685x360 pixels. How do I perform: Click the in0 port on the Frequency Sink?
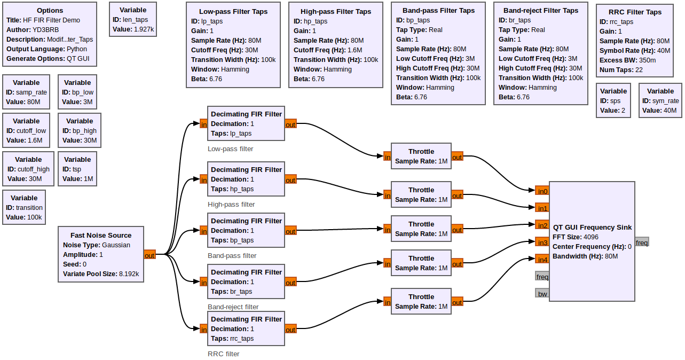(x=542, y=191)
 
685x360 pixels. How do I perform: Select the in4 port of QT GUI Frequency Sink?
(x=542, y=260)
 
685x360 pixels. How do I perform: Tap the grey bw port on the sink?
(x=542, y=293)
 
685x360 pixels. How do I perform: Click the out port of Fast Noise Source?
(x=149, y=255)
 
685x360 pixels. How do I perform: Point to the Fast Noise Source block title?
(x=101, y=235)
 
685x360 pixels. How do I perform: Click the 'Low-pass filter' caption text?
(x=230, y=149)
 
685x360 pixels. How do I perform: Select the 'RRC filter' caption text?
(x=223, y=354)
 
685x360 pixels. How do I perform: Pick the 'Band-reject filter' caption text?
(x=233, y=307)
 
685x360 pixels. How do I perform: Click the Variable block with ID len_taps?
(x=133, y=19)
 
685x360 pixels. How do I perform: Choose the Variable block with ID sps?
(x=613, y=100)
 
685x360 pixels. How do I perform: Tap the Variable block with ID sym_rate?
(x=660, y=100)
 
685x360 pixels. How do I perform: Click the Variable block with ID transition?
(x=24, y=207)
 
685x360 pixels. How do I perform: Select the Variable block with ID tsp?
(x=77, y=169)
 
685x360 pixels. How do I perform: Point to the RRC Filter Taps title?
(x=635, y=12)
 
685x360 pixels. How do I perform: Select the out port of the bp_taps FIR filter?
(x=290, y=231)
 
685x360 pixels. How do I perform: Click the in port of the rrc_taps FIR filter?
(x=203, y=330)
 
